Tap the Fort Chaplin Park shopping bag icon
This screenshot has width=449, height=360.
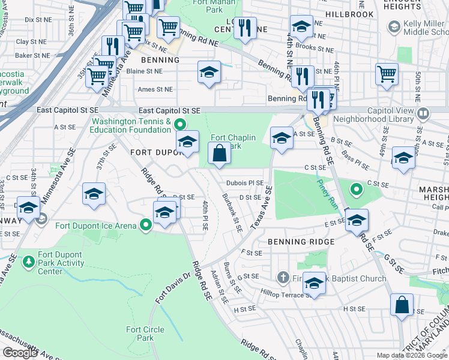pyautogui.click(x=220, y=153)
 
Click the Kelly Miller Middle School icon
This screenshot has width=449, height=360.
pyautogui.click(x=394, y=26)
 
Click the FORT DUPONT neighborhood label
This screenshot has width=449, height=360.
pyautogui.click(x=152, y=152)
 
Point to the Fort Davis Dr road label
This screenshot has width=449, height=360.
pyautogui.click(x=172, y=288)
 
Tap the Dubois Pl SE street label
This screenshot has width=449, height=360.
pyautogui.click(x=245, y=182)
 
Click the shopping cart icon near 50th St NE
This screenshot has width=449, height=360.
pyautogui.click(x=387, y=74)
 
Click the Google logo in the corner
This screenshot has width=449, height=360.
pyautogui.click(x=20, y=353)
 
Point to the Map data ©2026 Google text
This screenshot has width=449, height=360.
pyautogui.click(x=411, y=355)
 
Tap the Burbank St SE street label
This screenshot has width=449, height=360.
pyautogui.click(x=231, y=212)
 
